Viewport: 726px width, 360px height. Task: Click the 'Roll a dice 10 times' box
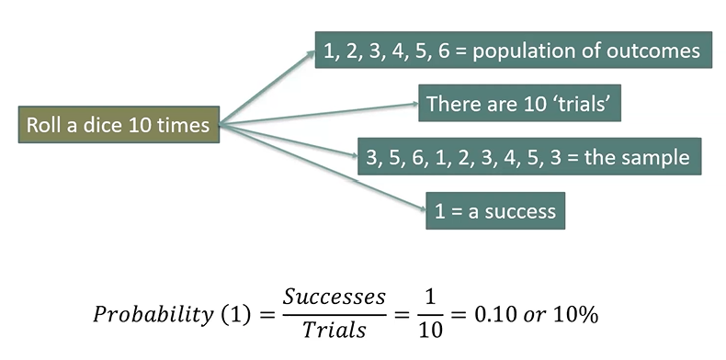click(x=119, y=125)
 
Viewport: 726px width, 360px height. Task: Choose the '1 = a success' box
click(x=495, y=211)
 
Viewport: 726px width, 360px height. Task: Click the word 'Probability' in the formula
click(x=153, y=316)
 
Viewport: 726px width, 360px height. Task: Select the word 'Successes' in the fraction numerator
click(x=335, y=297)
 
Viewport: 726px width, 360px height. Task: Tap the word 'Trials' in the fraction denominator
click(x=335, y=330)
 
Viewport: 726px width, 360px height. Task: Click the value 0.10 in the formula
click(x=495, y=315)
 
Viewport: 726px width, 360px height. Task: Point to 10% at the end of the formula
click(x=575, y=315)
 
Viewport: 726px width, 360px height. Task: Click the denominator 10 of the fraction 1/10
click(x=431, y=330)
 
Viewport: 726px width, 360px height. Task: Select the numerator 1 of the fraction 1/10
click(x=431, y=298)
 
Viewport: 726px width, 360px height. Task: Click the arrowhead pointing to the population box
click(x=312, y=54)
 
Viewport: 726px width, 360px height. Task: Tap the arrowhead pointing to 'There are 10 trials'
click(x=414, y=104)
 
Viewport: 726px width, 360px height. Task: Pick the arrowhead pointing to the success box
click(x=422, y=208)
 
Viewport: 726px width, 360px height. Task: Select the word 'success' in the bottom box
click(x=519, y=212)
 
